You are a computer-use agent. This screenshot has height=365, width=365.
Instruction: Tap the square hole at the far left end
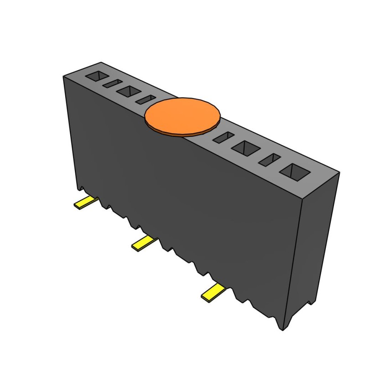tap(96, 76)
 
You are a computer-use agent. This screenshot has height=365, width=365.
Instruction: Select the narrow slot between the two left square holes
tap(111, 83)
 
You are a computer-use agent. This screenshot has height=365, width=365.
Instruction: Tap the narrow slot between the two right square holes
tap(270, 159)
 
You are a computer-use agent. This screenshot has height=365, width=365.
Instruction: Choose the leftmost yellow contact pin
tap(85, 203)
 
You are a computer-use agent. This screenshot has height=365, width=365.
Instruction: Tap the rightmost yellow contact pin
tap(213, 292)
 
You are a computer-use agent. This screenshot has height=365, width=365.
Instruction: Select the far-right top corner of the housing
tap(339, 172)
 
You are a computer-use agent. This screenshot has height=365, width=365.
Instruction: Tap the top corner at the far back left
tap(101, 63)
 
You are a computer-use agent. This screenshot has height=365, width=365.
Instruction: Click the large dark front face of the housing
tap(182, 196)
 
